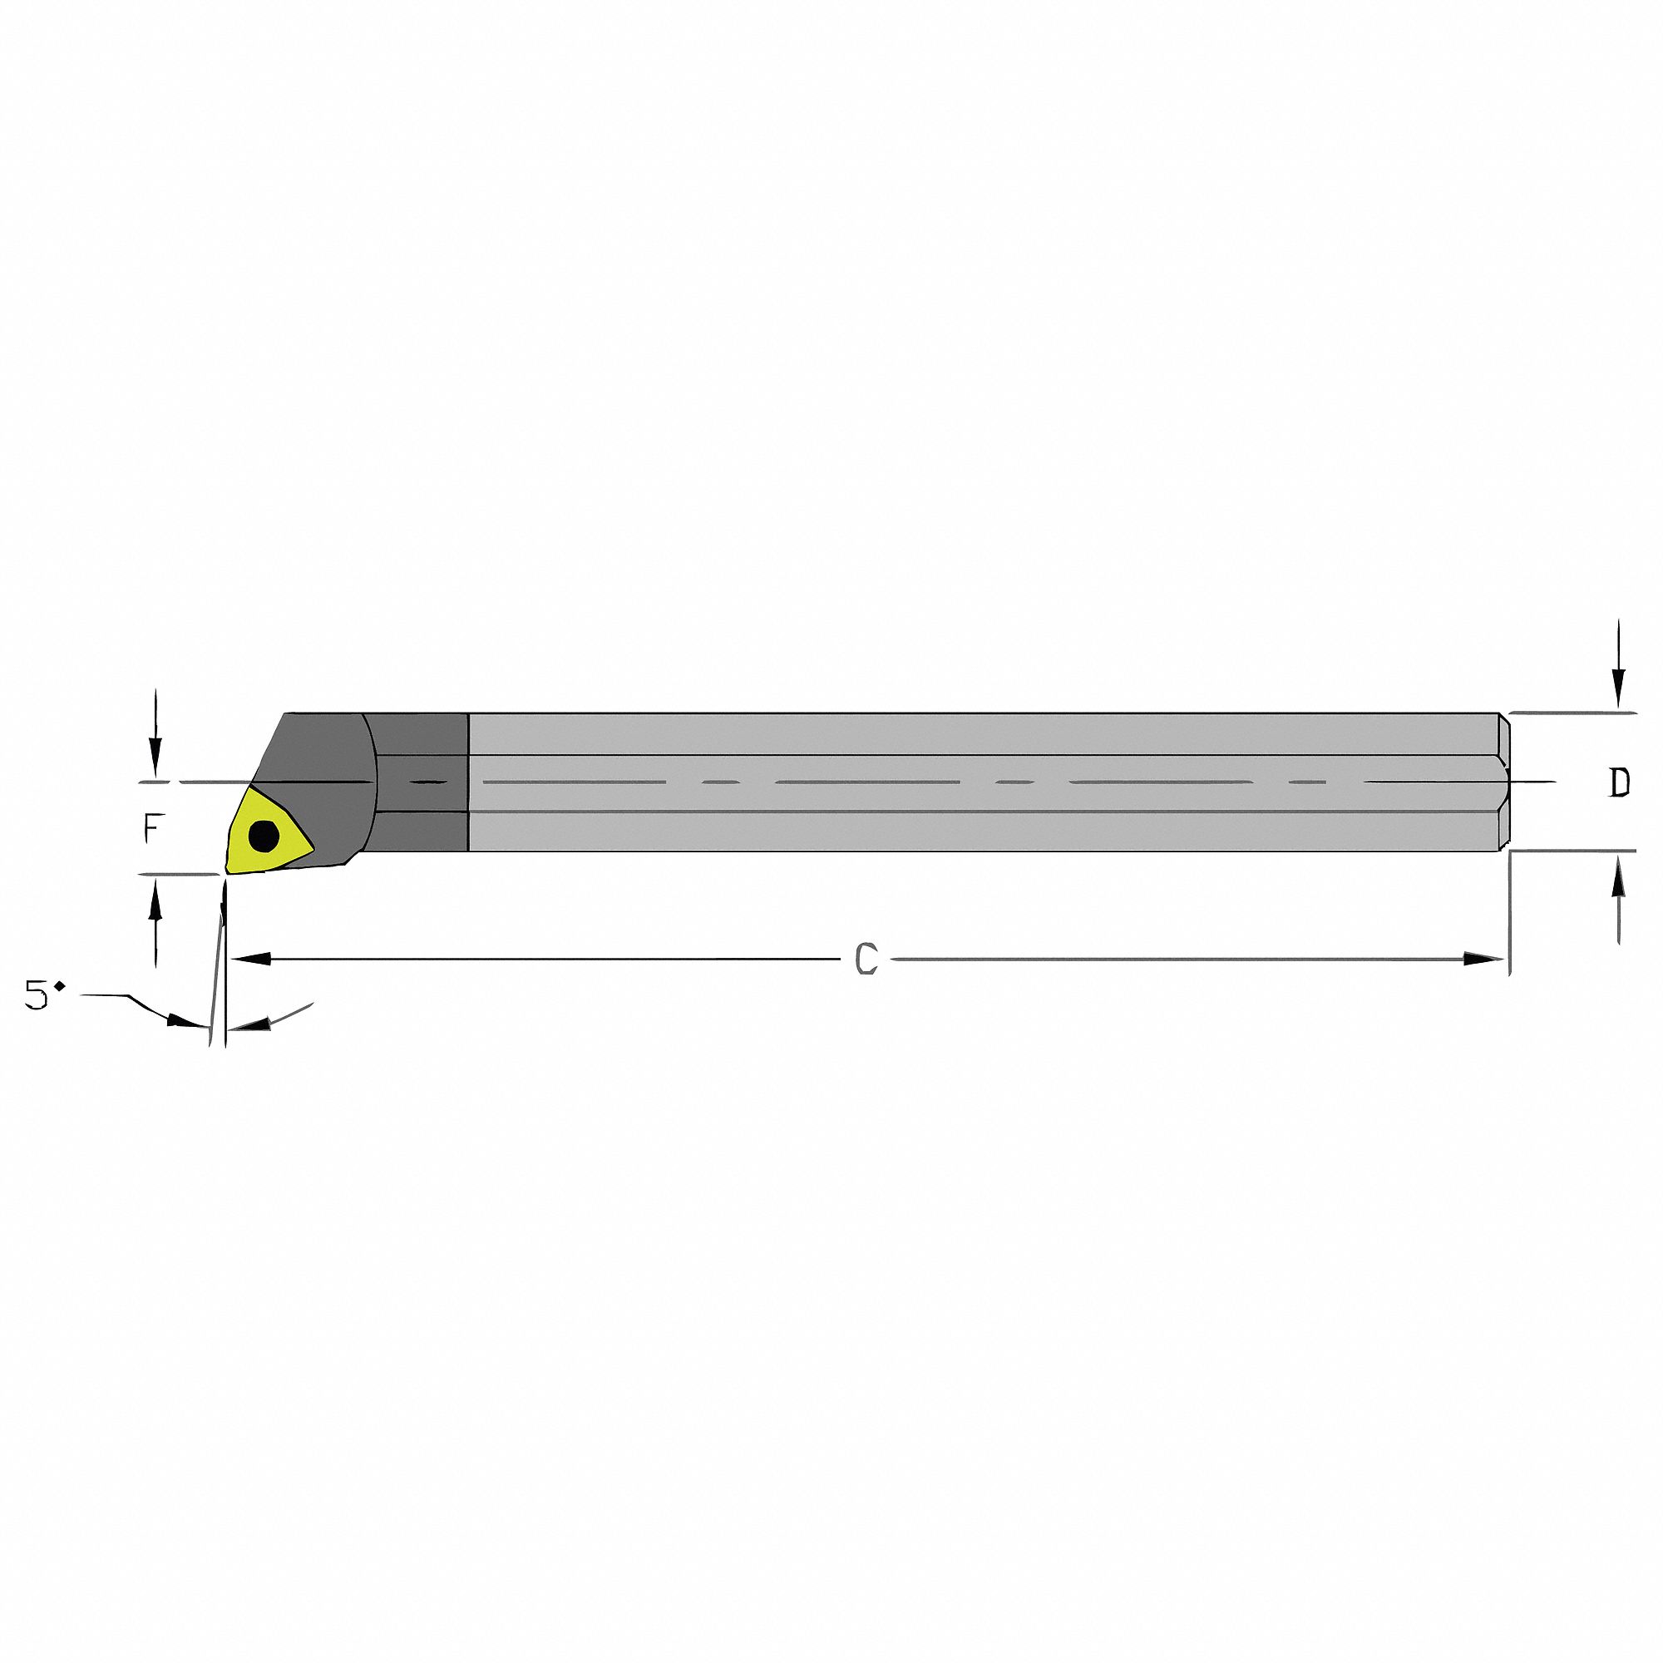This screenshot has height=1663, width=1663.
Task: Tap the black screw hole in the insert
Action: tap(264, 834)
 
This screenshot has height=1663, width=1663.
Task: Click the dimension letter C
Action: tap(866, 959)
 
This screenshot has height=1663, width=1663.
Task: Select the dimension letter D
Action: tap(1620, 782)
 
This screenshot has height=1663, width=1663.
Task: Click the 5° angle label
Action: tap(43, 996)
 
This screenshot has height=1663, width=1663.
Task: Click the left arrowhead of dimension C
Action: tap(250, 958)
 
